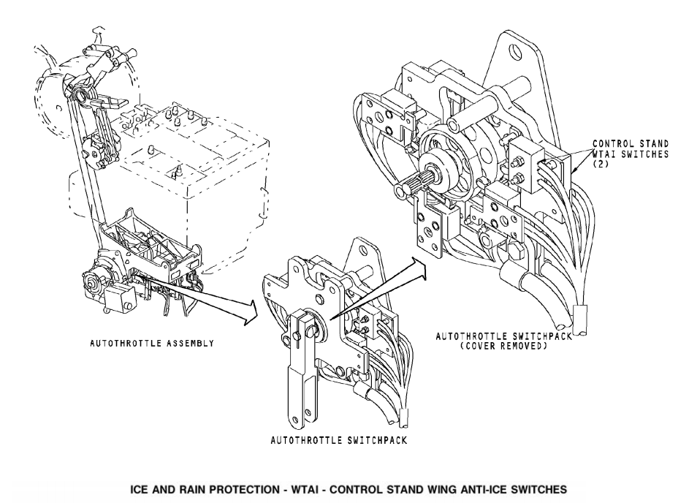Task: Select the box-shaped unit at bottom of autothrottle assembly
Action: (x=120, y=297)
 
